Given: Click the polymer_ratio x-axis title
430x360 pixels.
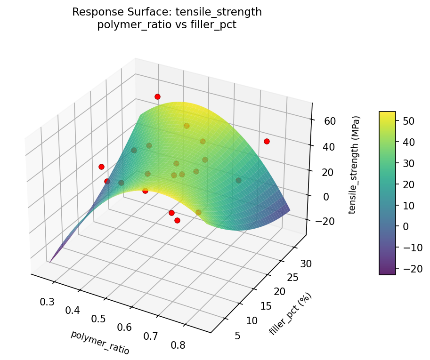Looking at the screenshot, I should [100, 342].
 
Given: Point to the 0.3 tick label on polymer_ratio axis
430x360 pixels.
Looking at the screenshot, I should [47, 302].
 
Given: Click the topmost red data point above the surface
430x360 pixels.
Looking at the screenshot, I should [157, 96].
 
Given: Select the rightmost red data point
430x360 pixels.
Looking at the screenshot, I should [267, 141].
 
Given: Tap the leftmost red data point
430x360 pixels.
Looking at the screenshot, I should [101, 167].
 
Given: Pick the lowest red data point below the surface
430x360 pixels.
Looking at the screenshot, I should [177, 220].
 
